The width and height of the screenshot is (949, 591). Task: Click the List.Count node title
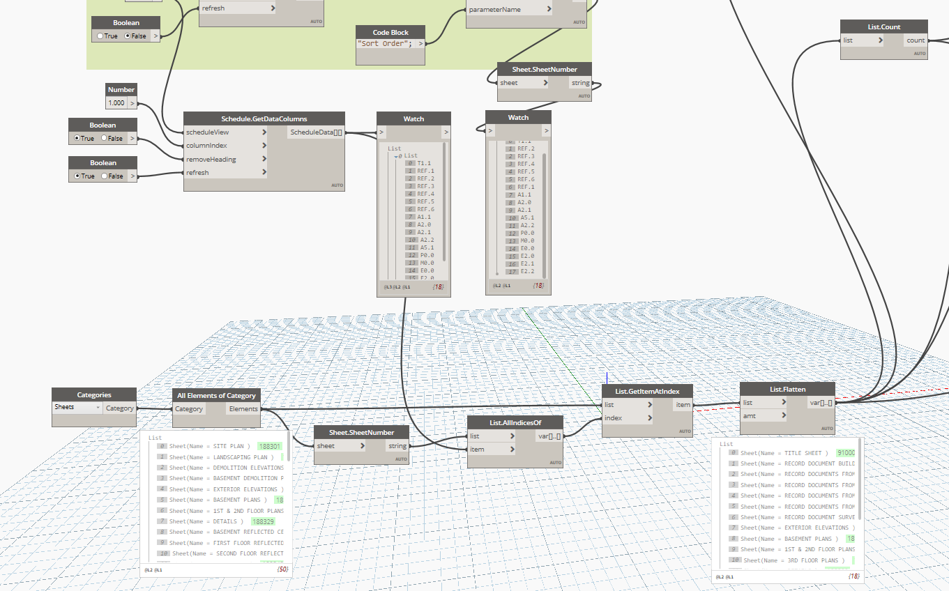tap(883, 26)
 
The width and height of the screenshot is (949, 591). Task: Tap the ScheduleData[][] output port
tap(316, 132)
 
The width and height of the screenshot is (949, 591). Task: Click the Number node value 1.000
tap(116, 103)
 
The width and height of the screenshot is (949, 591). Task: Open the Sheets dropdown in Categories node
tap(77, 407)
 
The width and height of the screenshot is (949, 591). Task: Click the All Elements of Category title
tap(216, 395)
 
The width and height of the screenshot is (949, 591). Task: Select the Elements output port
tap(243, 409)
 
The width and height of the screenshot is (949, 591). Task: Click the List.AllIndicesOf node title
tap(515, 422)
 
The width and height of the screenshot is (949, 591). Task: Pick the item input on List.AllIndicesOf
tap(477, 450)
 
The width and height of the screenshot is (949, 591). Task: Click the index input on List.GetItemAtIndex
tap(614, 418)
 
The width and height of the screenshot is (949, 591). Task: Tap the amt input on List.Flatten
tap(750, 415)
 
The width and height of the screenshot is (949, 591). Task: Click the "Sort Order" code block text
tap(385, 44)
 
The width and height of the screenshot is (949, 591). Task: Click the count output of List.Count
tap(916, 40)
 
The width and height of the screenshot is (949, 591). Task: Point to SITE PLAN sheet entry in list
tap(209, 446)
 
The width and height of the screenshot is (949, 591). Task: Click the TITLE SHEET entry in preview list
tap(784, 453)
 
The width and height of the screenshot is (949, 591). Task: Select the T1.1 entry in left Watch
tap(425, 163)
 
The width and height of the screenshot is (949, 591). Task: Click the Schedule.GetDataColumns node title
tap(264, 118)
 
